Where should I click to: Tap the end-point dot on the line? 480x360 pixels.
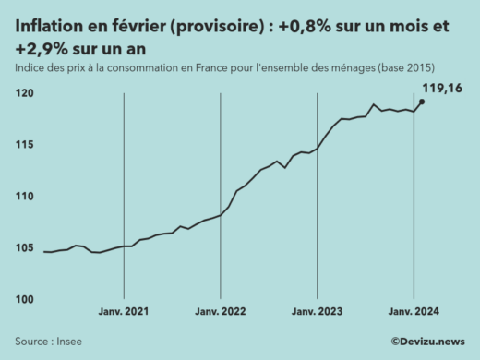[422, 102]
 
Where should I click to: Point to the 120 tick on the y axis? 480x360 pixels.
[25, 93]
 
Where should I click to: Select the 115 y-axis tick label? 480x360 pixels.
[25, 145]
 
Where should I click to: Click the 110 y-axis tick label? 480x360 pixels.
[25, 197]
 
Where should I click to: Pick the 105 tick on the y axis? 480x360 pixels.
[25, 248]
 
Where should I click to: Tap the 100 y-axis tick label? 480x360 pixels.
[25, 299]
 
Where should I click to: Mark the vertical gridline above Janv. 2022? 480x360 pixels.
[221, 185]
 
